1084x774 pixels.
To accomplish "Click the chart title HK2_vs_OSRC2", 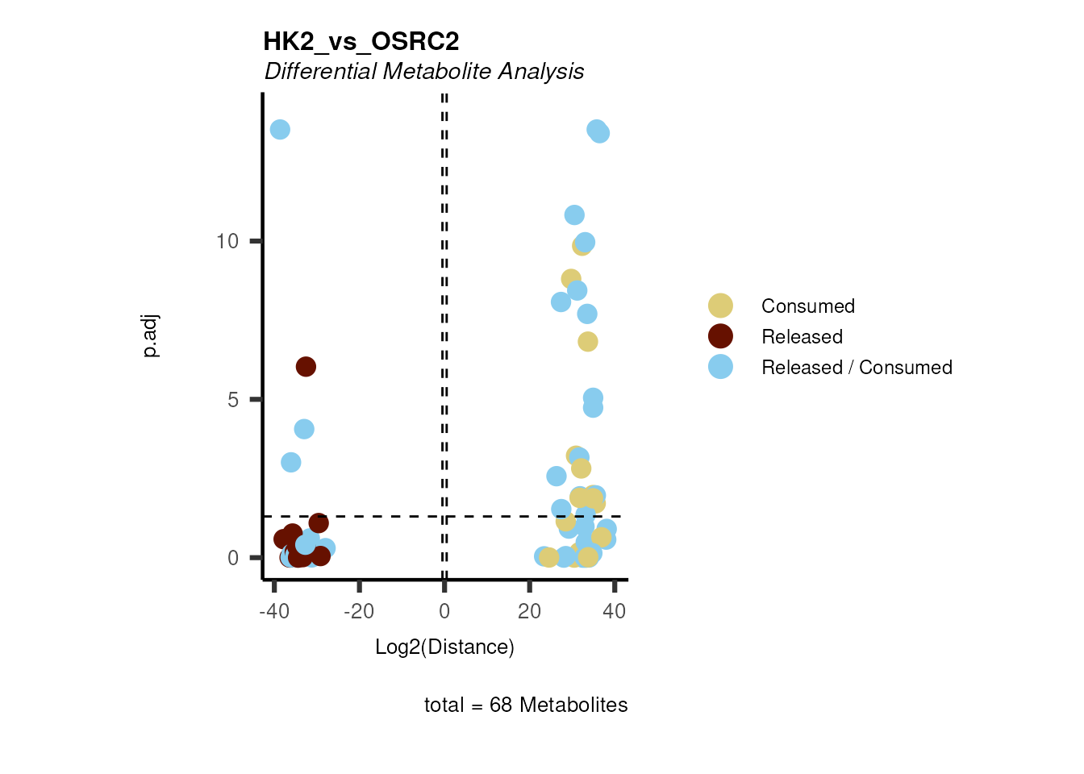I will pos(361,42).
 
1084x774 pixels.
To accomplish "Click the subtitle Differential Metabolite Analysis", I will pos(424,72).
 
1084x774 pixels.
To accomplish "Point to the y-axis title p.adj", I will pos(151,336).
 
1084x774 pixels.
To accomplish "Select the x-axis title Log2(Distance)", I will pos(444,647).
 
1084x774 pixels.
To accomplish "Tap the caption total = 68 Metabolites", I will pos(526,705).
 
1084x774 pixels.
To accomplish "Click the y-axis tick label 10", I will pos(227,241).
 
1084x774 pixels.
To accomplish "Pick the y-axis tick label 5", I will pos(233,400).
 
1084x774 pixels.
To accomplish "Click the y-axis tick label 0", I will pos(233,558).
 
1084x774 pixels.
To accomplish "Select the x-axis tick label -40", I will pos(274,612).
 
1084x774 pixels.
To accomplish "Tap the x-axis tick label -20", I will pos(359,612).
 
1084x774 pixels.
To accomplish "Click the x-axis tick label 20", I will pos(529,612).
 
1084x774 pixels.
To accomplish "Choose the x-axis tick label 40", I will pos(615,612).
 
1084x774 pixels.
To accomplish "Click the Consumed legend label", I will pos(807,306).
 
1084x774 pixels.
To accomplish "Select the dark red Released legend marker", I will pos(720,336).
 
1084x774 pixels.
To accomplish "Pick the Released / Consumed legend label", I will pos(857,368).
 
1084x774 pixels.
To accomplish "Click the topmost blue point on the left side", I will pos(280,130).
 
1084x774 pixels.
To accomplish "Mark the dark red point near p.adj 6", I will pos(306,367).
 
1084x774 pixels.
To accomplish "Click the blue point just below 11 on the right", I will pos(574,215).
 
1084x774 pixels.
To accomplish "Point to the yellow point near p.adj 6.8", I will pos(588,342).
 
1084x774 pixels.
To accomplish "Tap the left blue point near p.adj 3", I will pos(291,463).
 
